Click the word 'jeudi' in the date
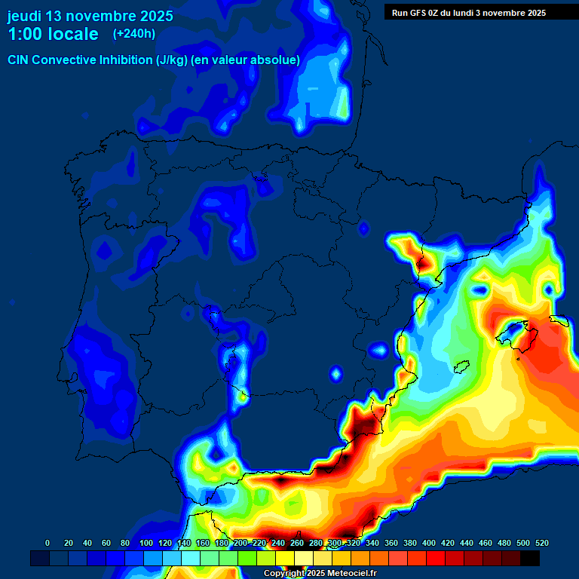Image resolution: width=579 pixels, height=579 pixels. (25, 16)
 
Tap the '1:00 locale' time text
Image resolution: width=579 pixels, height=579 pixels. (54, 34)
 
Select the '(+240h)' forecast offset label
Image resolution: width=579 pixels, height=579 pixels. (134, 33)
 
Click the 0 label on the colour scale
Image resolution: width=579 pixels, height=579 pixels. (47, 543)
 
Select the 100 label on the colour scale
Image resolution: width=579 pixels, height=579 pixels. (146, 543)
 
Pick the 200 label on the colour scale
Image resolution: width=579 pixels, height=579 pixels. (240, 543)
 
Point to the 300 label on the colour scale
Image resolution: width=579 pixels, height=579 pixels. (335, 543)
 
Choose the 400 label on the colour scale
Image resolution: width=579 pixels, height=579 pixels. (429, 543)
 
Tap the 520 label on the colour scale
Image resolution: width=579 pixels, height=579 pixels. (541, 543)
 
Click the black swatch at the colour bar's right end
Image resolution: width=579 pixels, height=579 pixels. (530, 559)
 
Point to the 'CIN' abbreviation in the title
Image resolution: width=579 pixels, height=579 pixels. (18, 60)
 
